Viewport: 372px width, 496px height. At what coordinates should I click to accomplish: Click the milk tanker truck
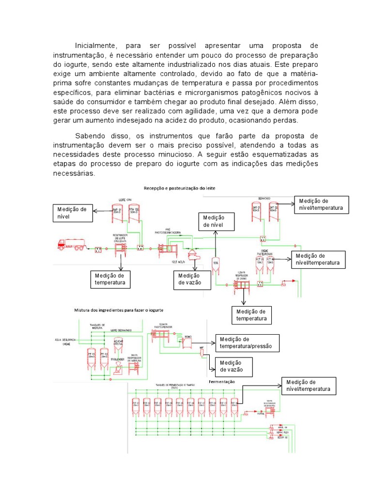[70, 244]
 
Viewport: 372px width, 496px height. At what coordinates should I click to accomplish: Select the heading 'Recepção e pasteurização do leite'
[178, 187]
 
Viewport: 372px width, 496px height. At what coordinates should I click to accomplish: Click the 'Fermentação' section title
[221, 382]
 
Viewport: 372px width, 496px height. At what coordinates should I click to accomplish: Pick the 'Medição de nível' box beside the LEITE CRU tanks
[73, 213]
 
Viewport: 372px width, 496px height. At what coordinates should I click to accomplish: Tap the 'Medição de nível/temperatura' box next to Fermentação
[308, 386]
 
